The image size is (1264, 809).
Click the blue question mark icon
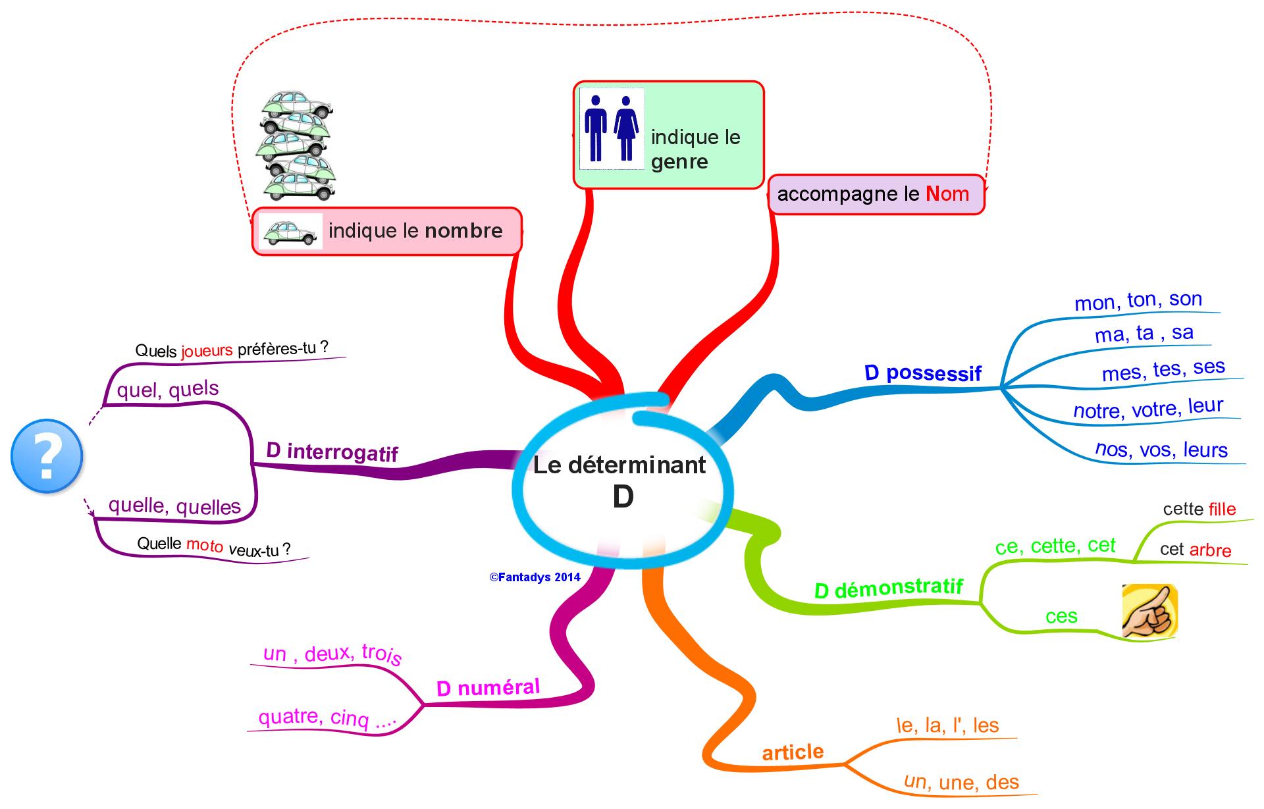pos(47,456)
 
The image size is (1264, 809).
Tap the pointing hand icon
pos(1149,612)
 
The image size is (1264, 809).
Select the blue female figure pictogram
pos(626,128)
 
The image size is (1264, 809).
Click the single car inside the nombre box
pos(290,231)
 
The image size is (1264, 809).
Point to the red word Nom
pos(947,194)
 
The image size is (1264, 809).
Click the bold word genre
pos(679,162)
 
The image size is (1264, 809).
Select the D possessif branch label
pos(922,373)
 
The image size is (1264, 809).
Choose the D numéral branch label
pos(488,688)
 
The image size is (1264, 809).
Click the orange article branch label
pos(793,752)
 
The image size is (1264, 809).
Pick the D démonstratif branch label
pos(888,588)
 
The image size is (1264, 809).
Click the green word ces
pos(1061,616)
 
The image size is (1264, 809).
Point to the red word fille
pos(1223,509)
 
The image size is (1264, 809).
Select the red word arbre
pos(1210,550)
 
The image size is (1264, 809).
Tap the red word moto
pos(205,545)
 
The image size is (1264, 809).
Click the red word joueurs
pos(207,350)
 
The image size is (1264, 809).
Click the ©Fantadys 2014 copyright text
pos(535,577)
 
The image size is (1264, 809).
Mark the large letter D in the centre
pos(623,497)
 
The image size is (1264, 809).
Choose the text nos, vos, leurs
pos(1161,450)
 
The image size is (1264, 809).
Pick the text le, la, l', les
pos(947,725)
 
